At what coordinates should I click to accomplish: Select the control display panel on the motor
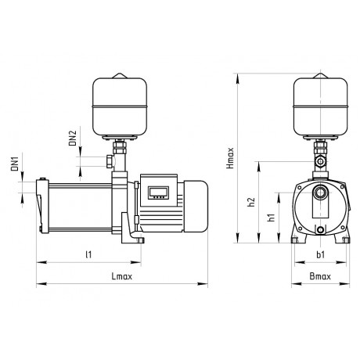tap(158, 193)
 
